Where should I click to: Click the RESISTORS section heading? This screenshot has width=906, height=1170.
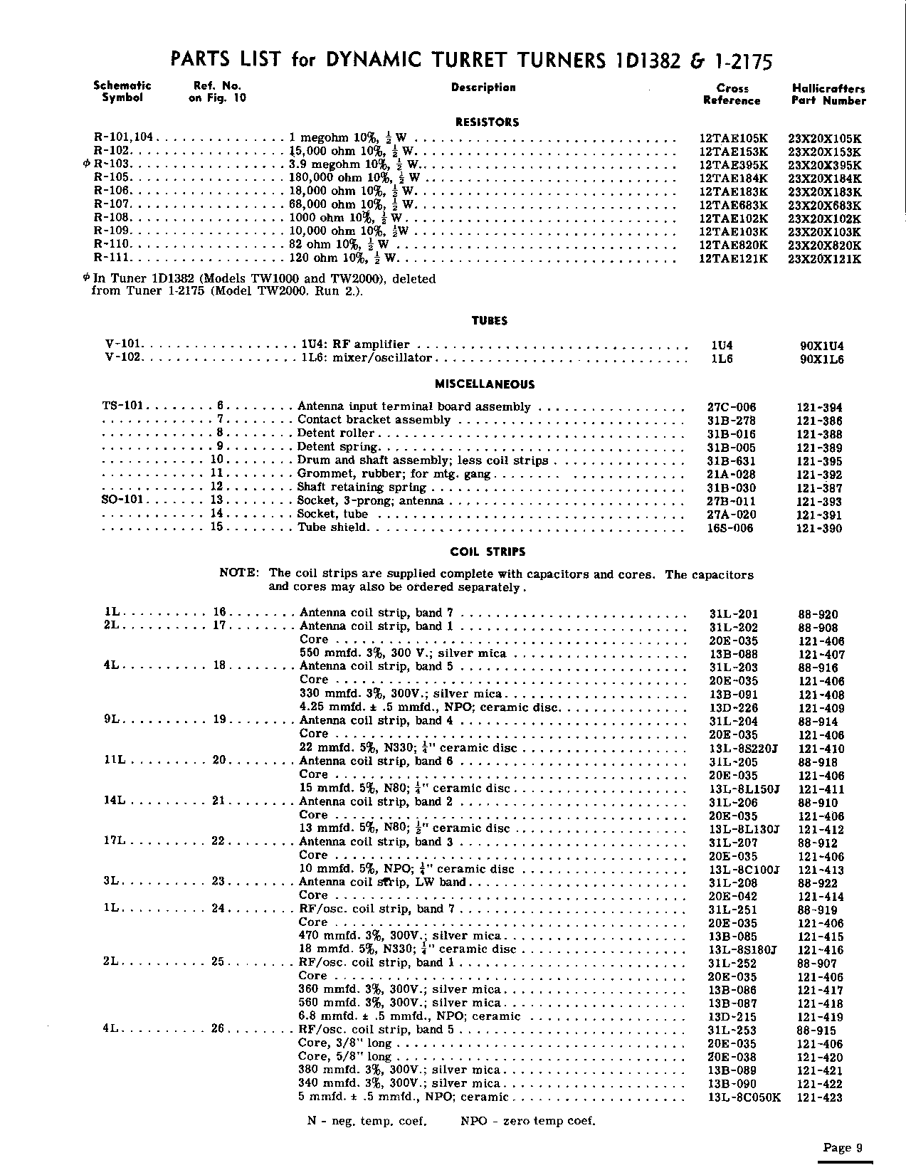488,122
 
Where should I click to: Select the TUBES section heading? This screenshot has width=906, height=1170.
489,321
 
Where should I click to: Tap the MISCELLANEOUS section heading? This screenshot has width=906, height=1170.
485,384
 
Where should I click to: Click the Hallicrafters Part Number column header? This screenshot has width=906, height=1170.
828,95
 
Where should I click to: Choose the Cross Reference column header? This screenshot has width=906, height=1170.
732,95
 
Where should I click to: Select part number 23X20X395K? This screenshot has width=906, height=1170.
825,164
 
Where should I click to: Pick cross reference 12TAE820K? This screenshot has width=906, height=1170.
733,245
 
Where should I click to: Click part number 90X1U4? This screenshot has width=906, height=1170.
822,347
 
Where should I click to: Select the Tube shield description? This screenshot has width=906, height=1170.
332,527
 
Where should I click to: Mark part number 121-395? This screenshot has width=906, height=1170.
819,461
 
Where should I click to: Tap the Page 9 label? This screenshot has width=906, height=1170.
843,1147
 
